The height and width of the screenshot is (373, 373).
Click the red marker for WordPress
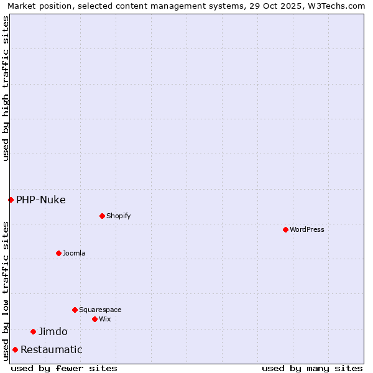(x=285, y=229)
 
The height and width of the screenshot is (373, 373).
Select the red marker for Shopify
(x=102, y=216)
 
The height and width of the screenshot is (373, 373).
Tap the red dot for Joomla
(x=58, y=253)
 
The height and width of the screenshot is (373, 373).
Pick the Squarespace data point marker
(x=75, y=310)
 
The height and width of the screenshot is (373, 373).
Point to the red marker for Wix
(x=94, y=319)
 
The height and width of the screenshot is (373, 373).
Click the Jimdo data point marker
(x=33, y=331)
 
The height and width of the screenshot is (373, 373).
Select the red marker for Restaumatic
(x=15, y=349)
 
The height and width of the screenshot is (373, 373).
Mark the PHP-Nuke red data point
(x=11, y=200)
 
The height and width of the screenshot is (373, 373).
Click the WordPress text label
(x=307, y=229)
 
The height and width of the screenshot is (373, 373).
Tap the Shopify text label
(x=118, y=216)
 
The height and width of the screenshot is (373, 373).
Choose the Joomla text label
(x=74, y=253)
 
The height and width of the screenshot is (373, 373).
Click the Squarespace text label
(x=100, y=310)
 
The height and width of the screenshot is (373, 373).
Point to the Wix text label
(x=104, y=319)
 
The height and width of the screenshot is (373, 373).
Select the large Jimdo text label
(x=53, y=331)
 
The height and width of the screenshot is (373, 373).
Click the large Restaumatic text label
(x=52, y=349)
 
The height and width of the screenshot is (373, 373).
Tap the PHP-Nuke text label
(x=41, y=200)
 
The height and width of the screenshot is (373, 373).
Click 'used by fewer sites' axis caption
(x=64, y=368)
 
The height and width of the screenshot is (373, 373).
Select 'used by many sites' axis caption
(x=312, y=368)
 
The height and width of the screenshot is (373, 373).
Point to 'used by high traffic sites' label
(x=6, y=88)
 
